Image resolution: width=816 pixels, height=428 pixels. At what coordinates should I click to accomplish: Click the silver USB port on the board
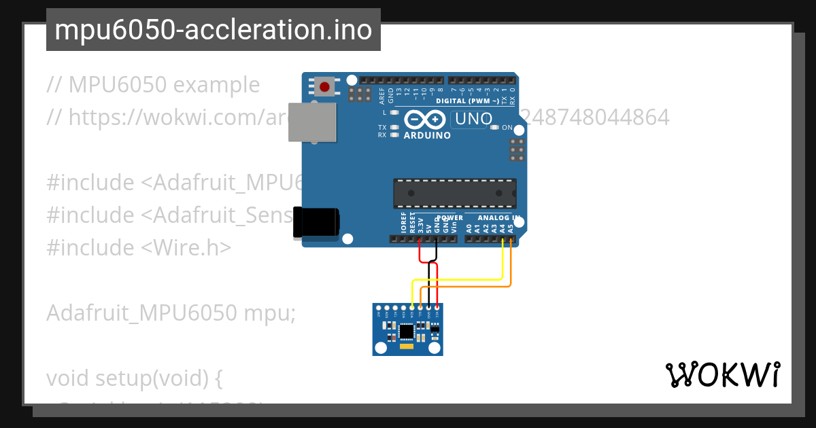pos(311,122)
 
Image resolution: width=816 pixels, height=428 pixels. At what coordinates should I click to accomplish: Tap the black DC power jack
pos(316,222)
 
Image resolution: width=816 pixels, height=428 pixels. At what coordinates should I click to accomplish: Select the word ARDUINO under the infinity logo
pos(427,135)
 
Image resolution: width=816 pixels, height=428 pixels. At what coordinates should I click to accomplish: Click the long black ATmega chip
pos(454,193)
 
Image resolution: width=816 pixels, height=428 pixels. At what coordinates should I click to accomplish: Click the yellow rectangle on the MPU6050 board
pos(407,346)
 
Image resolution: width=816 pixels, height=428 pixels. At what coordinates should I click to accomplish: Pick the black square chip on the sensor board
pos(407,332)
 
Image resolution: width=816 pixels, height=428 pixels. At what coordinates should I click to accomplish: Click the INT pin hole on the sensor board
pos(379,308)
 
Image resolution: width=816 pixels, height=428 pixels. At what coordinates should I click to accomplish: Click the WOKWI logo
pos(722,375)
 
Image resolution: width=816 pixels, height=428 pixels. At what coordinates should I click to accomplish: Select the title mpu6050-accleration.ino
pos(214,30)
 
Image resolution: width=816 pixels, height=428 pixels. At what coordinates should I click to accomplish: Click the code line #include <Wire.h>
pos(139,247)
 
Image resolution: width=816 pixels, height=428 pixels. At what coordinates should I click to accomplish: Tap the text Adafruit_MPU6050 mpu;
pos(171,313)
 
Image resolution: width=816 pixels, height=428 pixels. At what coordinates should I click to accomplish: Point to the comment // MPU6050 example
pos(153,85)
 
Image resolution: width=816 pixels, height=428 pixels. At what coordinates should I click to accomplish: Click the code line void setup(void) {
pos(135,377)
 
